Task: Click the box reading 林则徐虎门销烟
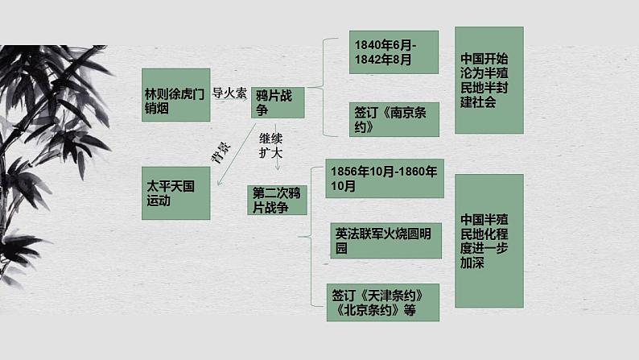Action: pyautogui.click(x=175, y=94)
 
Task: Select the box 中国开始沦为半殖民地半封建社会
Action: pyautogui.click(x=489, y=80)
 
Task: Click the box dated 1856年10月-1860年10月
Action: pyautogui.click(x=385, y=178)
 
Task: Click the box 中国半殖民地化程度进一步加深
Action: pyautogui.click(x=489, y=240)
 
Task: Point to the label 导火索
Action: pyautogui.click(x=229, y=93)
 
